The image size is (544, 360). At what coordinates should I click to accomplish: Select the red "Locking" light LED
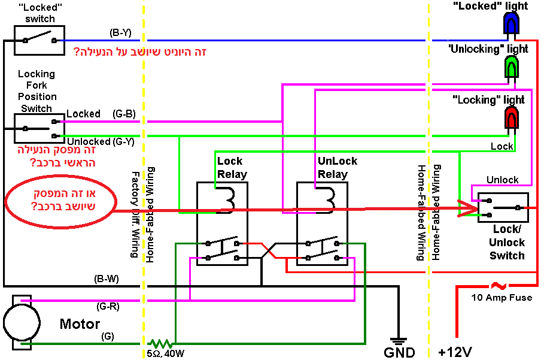512,117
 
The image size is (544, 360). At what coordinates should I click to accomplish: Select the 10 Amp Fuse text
502,298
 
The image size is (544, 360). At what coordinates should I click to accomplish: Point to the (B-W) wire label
107,279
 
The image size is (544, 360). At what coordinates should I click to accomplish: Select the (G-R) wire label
108,306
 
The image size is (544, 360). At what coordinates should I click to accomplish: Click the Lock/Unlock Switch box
503,208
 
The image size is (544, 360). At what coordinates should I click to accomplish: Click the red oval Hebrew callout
60,204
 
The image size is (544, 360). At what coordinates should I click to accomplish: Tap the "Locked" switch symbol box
39,40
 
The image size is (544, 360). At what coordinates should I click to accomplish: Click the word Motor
80,324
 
